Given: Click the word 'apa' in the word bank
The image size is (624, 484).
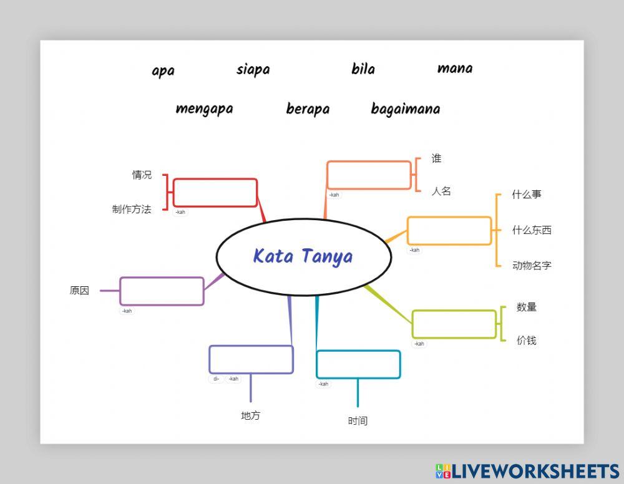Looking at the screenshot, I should coord(163,70).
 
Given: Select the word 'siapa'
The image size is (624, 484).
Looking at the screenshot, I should coord(253,69).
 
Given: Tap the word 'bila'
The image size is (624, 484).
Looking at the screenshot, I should coord(363,69).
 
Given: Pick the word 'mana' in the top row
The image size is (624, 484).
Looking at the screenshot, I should coord(454,68).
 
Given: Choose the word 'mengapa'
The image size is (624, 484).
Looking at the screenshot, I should coord(204,109).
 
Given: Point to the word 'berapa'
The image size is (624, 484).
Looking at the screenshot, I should coord(308,109).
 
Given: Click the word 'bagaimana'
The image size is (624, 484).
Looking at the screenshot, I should coord(405,109).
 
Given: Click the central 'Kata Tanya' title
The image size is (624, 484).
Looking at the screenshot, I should coord(303,256).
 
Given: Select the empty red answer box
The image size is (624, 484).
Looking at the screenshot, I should coord(215,193).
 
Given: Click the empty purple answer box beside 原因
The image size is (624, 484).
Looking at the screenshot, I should coord(162,291).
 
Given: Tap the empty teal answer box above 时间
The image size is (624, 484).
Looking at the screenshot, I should coord(358,364).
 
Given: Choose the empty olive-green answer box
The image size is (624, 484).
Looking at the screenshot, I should coord(454,324).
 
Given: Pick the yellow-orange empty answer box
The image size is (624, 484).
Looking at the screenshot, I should coord(449,231).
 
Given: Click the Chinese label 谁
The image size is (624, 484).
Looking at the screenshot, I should coord(436,158).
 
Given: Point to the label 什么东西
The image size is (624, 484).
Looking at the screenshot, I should coord(532,230).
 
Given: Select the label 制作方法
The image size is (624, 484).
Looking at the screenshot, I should coord(132,209).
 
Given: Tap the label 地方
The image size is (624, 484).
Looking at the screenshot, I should coord(250,415).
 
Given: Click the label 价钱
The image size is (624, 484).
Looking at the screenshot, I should coord(526,341).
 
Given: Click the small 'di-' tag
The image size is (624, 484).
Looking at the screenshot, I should coord(216,379).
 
